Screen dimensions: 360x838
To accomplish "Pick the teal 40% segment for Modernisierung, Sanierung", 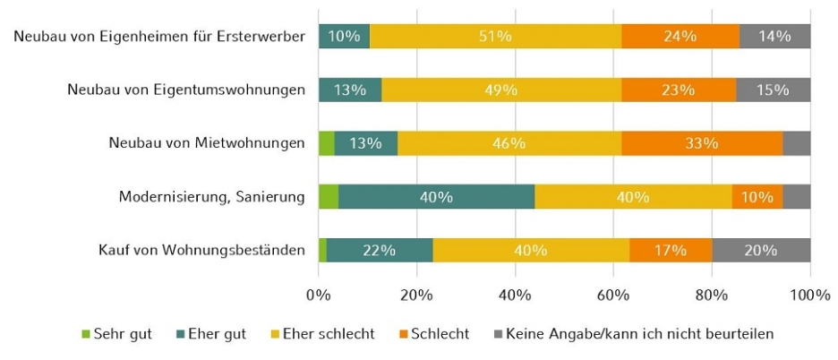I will point(436,197).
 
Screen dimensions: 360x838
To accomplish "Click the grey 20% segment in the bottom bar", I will point(761,251).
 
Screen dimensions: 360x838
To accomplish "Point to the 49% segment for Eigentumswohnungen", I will point(501,90).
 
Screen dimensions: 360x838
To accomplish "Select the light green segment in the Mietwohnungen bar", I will point(326,143).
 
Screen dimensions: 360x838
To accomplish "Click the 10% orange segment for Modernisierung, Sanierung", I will point(757,197).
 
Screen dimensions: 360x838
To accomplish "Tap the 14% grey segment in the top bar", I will point(774,37).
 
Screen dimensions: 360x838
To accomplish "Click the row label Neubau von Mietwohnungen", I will point(207,143).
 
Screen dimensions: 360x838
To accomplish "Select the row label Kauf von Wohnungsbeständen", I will point(202,251).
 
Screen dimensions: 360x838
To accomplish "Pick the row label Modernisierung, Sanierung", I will point(212,197).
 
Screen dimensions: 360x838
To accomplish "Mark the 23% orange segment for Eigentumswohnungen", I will point(679,90).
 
